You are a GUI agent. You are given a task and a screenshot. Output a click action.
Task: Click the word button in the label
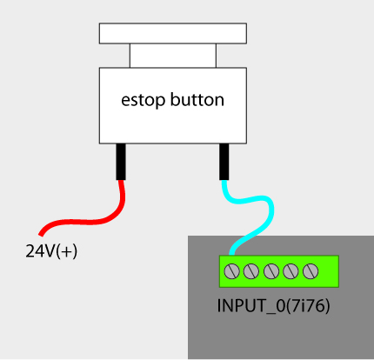(x=197, y=99)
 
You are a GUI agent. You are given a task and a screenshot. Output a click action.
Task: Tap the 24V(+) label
(x=51, y=251)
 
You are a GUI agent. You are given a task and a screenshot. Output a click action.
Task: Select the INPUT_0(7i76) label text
(x=273, y=306)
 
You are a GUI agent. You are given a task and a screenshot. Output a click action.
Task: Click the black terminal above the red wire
(x=121, y=162)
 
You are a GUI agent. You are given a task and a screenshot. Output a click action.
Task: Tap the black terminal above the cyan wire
(x=224, y=162)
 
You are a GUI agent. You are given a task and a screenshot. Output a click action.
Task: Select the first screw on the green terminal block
(x=231, y=271)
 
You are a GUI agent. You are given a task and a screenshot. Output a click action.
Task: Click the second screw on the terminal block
(x=251, y=271)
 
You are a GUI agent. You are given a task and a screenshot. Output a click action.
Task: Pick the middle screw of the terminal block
(x=271, y=271)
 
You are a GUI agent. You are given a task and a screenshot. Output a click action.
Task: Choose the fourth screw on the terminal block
(x=291, y=271)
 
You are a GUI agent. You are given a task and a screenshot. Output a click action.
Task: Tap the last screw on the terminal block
(x=311, y=271)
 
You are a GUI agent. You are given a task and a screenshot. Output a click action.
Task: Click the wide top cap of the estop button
(x=173, y=33)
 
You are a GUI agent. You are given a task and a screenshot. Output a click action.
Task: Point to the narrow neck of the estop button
(x=173, y=56)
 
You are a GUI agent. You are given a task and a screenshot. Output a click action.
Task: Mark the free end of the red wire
(x=41, y=234)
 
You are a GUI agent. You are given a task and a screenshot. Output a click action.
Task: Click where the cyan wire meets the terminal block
(x=231, y=255)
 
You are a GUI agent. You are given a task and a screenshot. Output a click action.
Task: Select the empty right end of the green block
(x=329, y=271)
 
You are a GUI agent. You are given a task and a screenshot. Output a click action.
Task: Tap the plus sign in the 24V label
(x=66, y=251)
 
